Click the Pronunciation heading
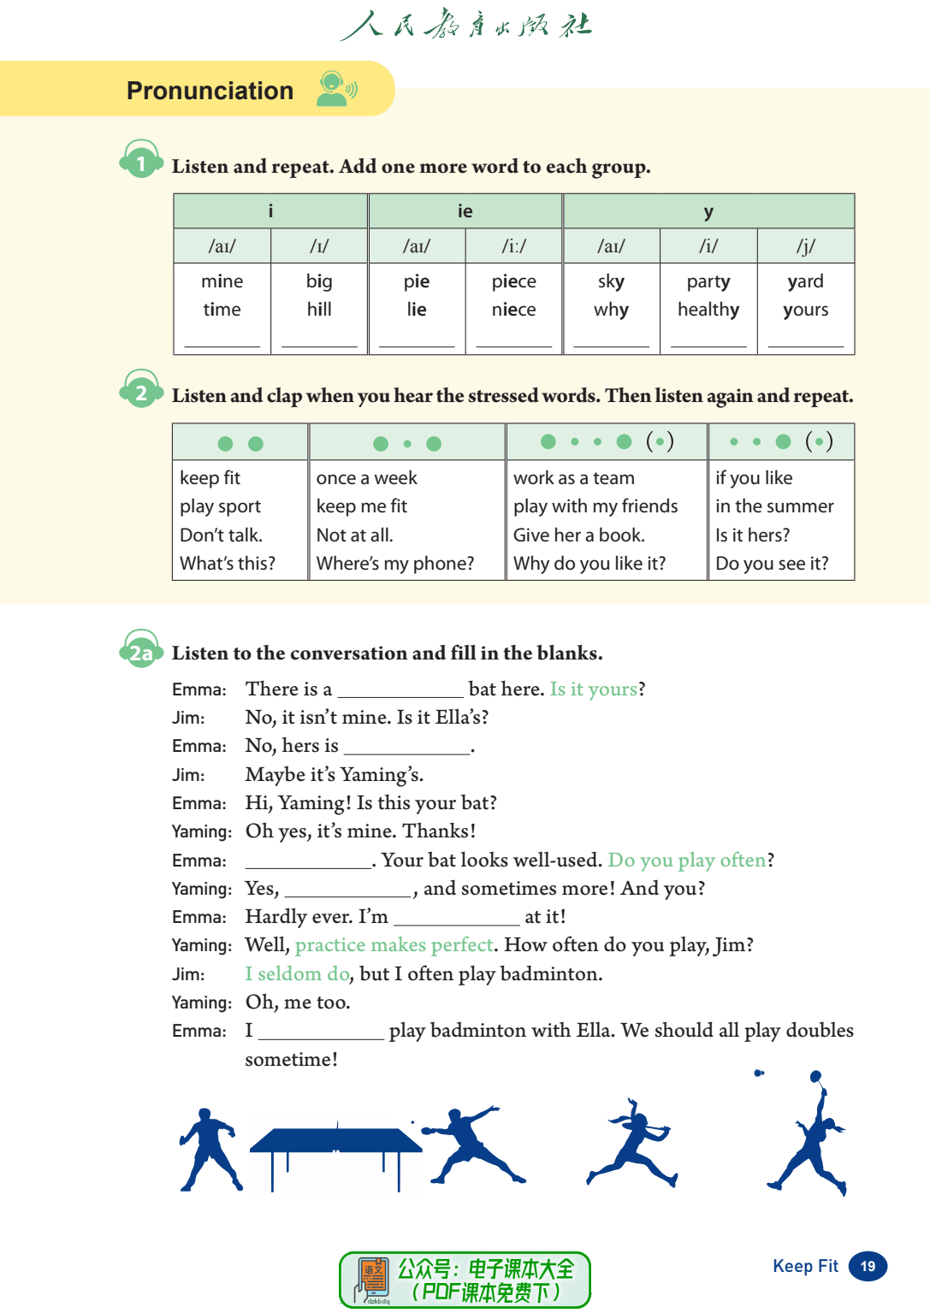pos(210,91)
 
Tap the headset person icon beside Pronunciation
pos(335,89)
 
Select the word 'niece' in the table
pos(513,310)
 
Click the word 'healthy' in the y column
pos(708,310)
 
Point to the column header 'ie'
pos(465,211)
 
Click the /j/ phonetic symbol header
pos(805,246)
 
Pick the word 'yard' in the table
pos(805,281)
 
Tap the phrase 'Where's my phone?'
pos(394,564)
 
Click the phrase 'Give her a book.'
pos(578,535)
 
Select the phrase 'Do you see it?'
pos(772,564)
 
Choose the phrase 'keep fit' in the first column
pos(210,478)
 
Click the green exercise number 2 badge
pos(141,393)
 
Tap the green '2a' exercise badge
pos(141,654)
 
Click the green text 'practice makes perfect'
pos(394,945)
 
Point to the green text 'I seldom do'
pos(297,974)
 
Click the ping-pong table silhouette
pos(335,1150)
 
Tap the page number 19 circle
pos(868,1267)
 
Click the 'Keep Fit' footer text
pos(805,1267)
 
